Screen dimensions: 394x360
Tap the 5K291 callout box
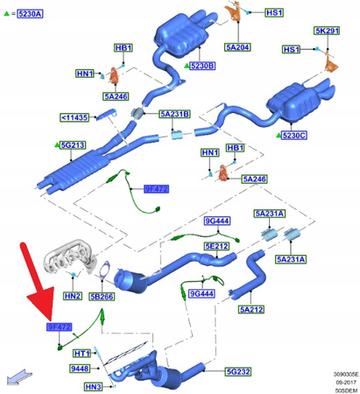point(327,31)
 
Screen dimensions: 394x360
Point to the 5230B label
point(201,66)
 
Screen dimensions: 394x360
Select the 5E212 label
point(216,247)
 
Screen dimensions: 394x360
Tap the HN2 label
point(74,296)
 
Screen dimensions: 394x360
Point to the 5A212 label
point(252,309)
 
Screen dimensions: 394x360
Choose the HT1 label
point(82,352)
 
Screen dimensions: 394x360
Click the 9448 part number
point(80,369)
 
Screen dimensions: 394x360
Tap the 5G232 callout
point(237,372)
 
